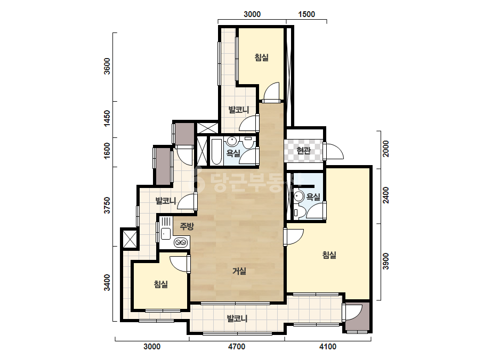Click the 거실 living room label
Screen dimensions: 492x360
pyautogui.click(x=239, y=271)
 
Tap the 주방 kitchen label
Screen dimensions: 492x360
pyautogui.click(x=187, y=226)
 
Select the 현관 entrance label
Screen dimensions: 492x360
pyautogui.click(x=303, y=151)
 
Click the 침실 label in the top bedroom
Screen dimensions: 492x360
pyautogui.click(x=261, y=58)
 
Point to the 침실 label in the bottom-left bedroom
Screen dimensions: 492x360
pyautogui.click(x=160, y=284)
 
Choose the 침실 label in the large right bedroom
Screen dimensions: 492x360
pyautogui.click(x=329, y=255)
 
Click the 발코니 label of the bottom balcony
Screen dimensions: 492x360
pyautogui.click(x=237, y=318)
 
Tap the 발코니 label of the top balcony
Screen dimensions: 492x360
pyautogui.click(x=239, y=110)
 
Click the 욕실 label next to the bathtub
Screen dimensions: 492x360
pyautogui.click(x=233, y=153)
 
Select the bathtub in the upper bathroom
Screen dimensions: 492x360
pyautogui.click(x=216, y=151)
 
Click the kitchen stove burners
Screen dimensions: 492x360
pyautogui.click(x=181, y=242)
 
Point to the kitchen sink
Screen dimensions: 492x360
pyautogui.click(x=165, y=234)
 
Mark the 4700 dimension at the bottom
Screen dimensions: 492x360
pyautogui.click(x=237, y=347)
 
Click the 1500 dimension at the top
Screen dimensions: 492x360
pyautogui.click(x=307, y=14)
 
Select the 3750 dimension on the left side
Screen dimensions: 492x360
pyautogui.click(x=107, y=205)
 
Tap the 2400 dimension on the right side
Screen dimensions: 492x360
pyautogui.click(x=385, y=195)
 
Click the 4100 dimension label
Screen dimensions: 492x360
pyautogui.click(x=328, y=347)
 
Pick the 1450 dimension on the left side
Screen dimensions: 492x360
pyautogui.click(x=107, y=118)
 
